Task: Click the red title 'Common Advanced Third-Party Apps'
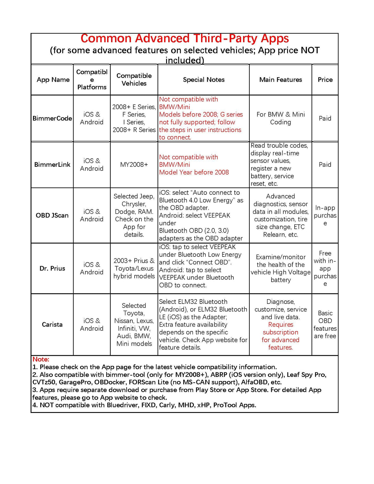(x=185, y=39)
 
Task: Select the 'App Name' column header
(x=53, y=80)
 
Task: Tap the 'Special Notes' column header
(x=204, y=80)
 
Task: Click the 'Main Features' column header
(x=280, y=80)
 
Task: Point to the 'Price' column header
(x=325, y=80)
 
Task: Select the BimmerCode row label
(x=52, y=118)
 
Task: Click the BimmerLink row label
(x=52, y=165)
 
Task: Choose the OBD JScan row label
(x=52, y=215)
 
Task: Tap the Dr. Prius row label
(x=52, y=268)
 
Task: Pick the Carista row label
(x=52, y=324)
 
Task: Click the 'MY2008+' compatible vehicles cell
(x=134, y=165)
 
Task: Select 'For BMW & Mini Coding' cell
(x=280, y=118)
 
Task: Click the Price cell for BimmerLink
(x=325, y=165)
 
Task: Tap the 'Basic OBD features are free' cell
(x=325, y=324)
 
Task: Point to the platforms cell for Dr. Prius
(x=92, y=268)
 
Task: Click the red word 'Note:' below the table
(x=41, y=359)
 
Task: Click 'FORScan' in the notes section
(x=142, y=382)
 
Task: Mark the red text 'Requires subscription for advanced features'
(x=280, y=336)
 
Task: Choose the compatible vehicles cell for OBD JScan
(x=134, y=215)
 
